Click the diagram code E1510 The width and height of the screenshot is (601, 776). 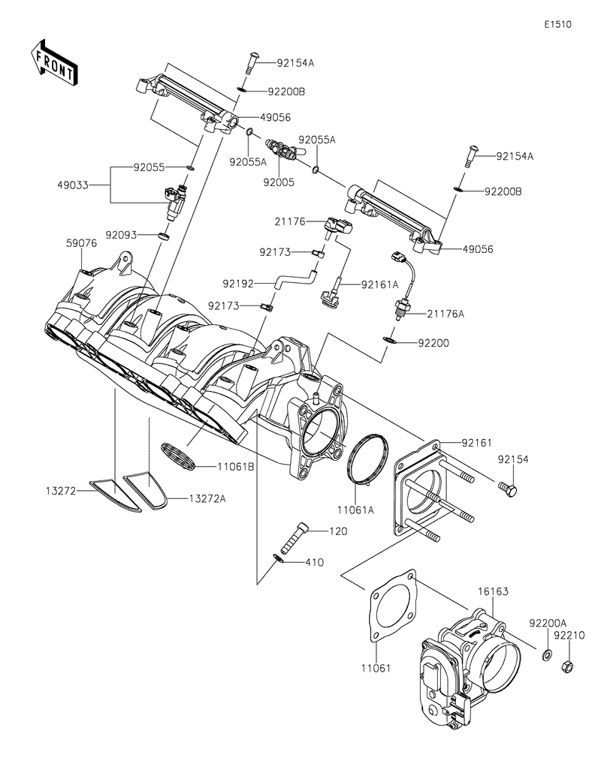tap(558, 24)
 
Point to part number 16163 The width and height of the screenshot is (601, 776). tap(494, 592)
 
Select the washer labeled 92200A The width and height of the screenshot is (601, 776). tap(545, 655)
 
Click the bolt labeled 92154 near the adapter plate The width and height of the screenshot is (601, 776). tap(508, 490)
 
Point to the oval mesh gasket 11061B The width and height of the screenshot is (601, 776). tap(179, 456)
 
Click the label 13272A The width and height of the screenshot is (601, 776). tap(206, 498)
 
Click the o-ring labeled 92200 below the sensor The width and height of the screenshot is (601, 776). tap(388, 341)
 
